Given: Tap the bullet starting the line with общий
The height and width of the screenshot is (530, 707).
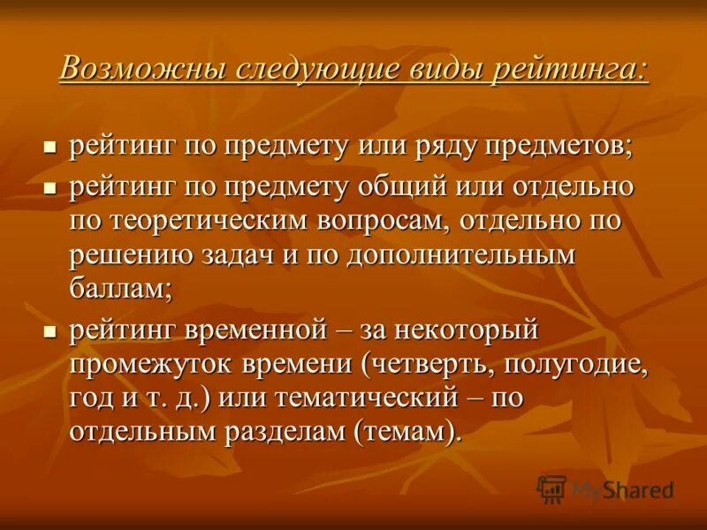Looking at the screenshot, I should [50, 187].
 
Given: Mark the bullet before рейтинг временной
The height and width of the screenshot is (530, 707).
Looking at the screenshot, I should [50, 332].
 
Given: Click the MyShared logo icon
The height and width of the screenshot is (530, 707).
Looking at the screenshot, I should [552, 488].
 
